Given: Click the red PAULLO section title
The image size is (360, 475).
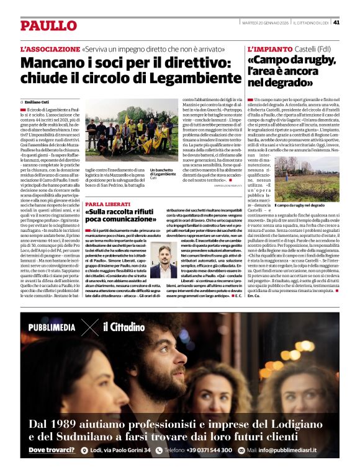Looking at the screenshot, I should coord(48,25).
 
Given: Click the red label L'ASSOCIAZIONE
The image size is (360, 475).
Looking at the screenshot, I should coord(50,48).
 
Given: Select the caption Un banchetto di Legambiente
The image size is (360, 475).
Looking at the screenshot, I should coord(163,174).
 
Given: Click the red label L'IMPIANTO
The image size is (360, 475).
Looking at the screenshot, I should coord(271,48).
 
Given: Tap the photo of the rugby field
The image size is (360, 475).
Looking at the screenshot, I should coord(307,179).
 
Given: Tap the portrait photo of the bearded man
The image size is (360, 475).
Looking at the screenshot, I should coord(163,261).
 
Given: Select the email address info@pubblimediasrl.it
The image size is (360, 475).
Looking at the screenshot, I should coord(287,450).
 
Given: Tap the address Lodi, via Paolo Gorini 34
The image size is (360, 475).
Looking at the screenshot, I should coord(120,450).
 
